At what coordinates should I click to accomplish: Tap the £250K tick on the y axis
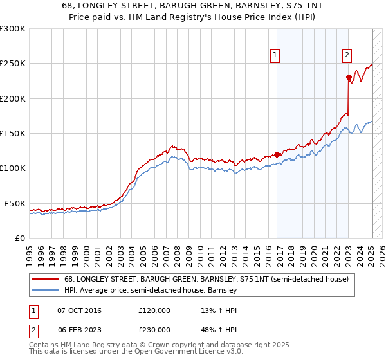(x=13, y=64)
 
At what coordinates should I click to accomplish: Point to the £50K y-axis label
(x=15, y=203)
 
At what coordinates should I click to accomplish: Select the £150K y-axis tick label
(x=13, y=134)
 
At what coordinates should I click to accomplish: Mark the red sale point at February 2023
(x=349, y=78)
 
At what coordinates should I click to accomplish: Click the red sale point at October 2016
(x=277, y=154)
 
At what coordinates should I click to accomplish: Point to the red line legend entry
(x=206, y=280)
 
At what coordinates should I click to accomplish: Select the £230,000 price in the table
(x=154, y=329)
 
